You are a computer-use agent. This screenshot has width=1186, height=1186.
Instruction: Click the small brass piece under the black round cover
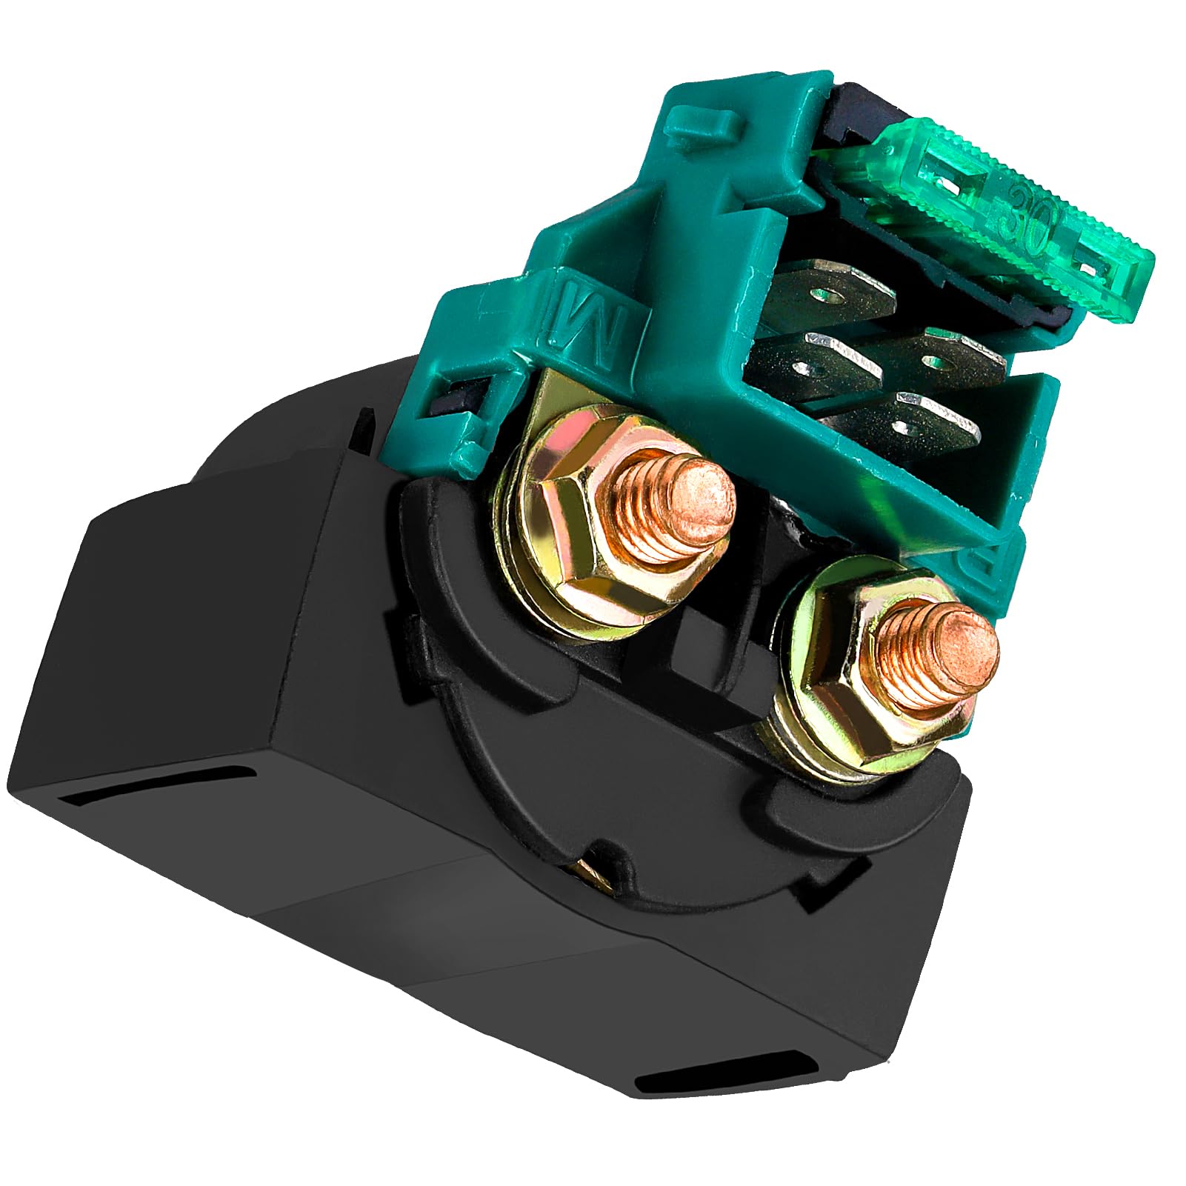coord(593,874)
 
